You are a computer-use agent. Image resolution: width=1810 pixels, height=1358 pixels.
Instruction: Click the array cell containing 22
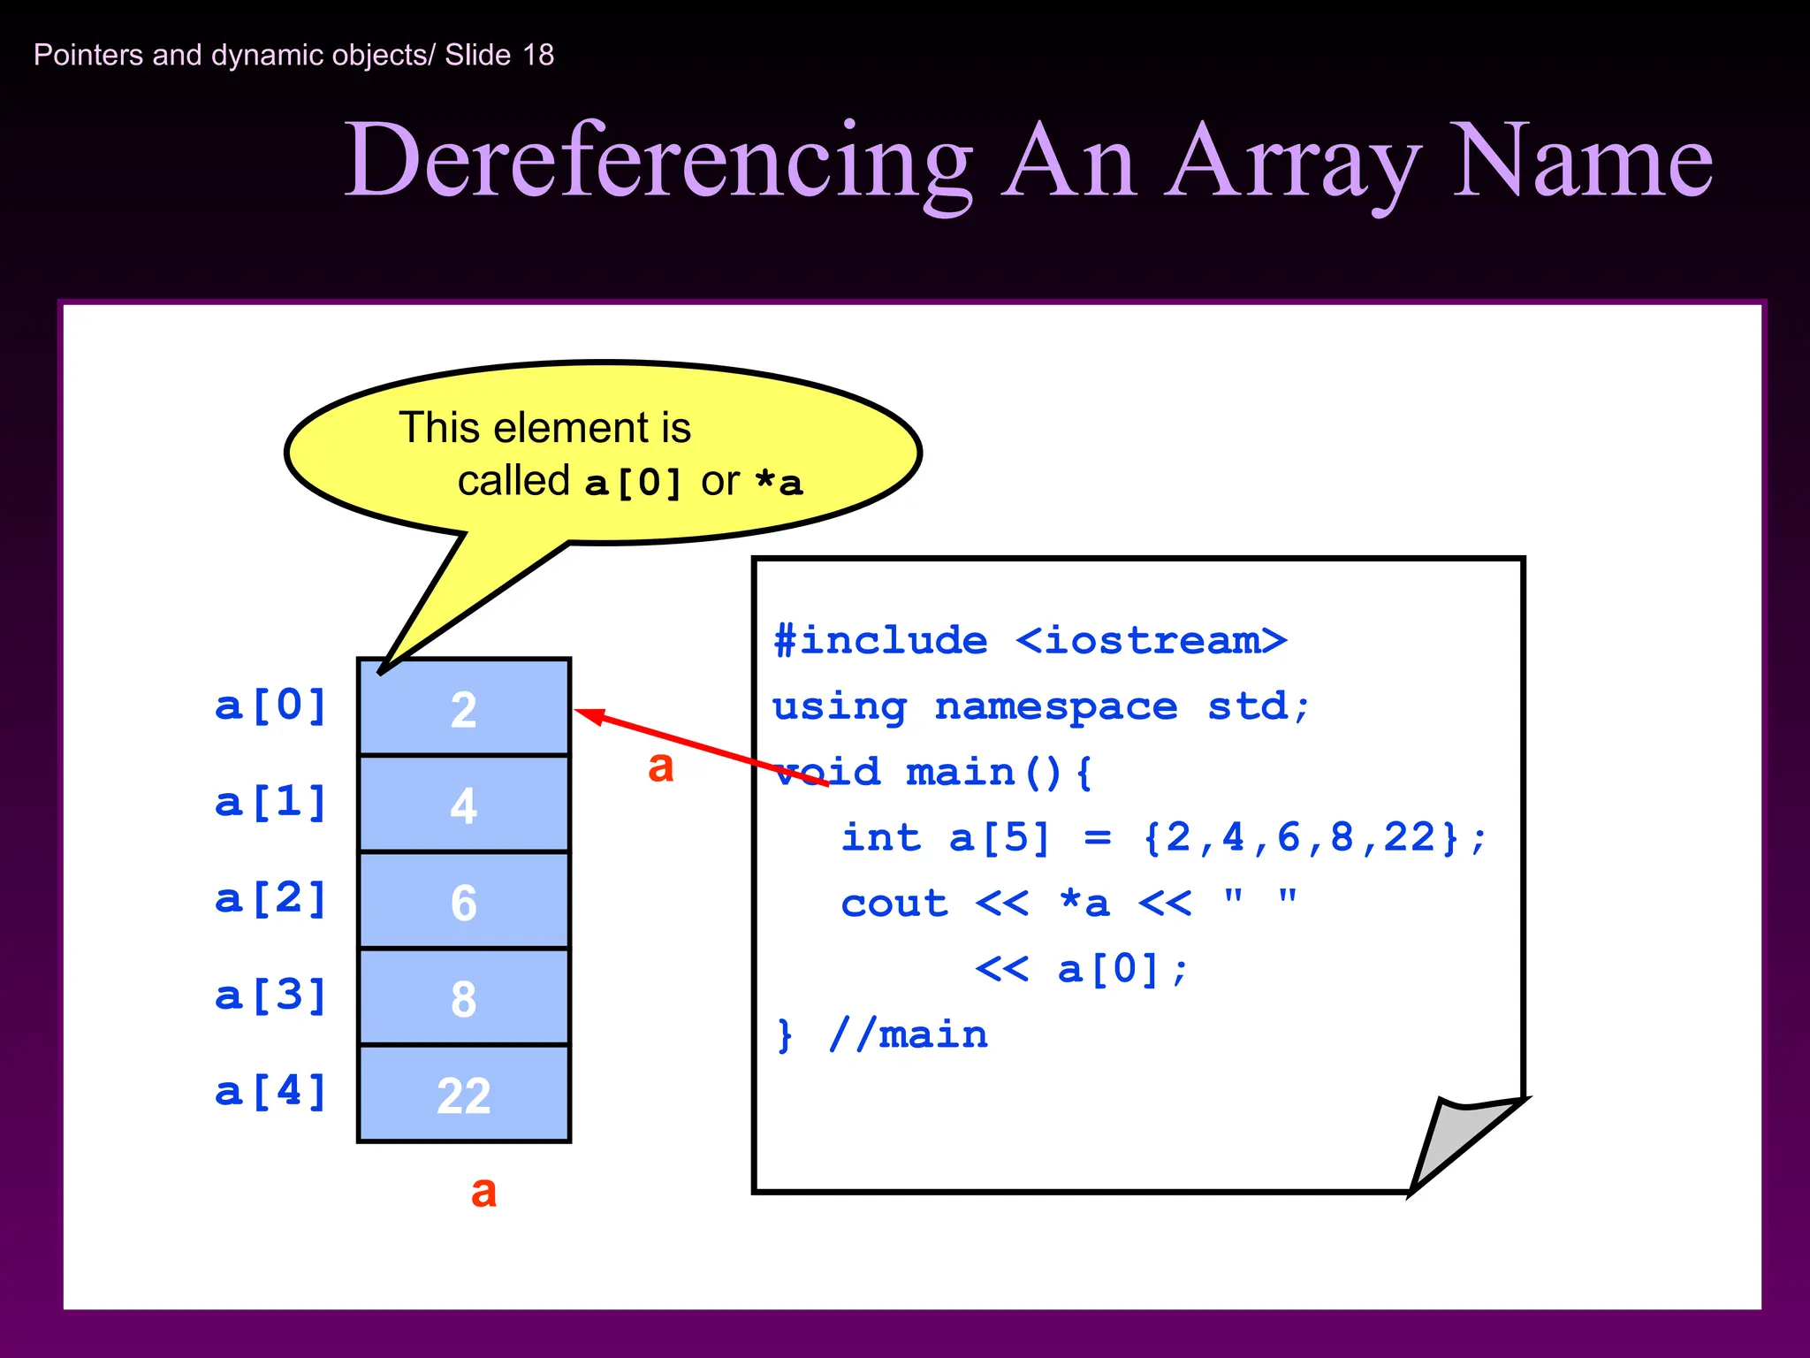tap(463, 1095)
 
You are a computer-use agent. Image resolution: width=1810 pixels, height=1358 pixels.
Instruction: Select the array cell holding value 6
tap(463, 902)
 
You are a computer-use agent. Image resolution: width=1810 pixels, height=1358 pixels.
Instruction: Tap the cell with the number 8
tap(463, 998)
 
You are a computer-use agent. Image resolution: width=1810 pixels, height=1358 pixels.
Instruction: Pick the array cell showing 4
tap(463, 805)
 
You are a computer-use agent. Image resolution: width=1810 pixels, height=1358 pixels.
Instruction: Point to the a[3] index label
tap(271, 996)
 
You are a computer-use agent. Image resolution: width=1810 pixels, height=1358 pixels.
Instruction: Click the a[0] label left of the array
tap(271, 706)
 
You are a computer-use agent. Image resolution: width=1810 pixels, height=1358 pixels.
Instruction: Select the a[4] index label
tap(271, 1092)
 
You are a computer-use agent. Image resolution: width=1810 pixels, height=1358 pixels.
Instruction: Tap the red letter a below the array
tap(483, 1192)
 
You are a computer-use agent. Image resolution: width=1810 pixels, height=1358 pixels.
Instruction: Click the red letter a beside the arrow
tap(660, 767)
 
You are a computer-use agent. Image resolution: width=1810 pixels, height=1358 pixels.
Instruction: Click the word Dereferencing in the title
tap(658, 163)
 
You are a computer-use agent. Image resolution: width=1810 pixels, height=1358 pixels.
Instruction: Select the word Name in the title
tap(1581, 163)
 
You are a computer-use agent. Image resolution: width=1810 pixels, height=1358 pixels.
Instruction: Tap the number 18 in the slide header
tap(538, 55)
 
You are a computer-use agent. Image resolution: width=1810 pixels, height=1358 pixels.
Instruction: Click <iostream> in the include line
tap(1151, 640)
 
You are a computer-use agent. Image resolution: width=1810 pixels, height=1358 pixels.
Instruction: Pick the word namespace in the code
tap(1056, 706)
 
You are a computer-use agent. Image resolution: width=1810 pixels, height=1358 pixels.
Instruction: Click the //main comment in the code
tap(908, 1034)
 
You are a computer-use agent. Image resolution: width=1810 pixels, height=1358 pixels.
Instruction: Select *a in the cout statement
tap(1084, 903)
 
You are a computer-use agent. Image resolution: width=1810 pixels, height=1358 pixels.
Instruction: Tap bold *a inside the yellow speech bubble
tap(779, 483)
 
